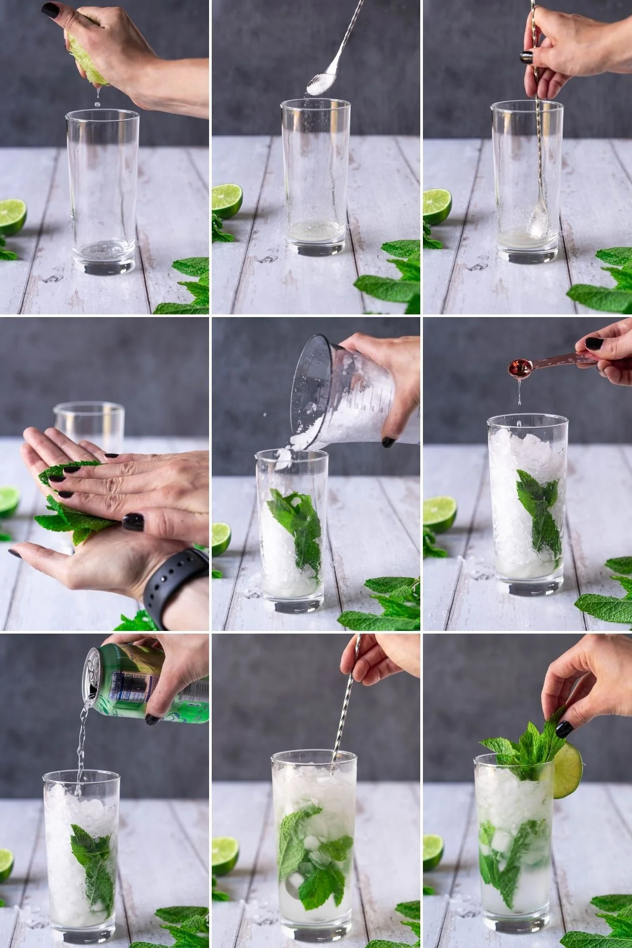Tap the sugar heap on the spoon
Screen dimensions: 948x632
322,84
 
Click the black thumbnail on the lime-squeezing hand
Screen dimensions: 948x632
51,9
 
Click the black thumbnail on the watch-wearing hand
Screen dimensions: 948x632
133,521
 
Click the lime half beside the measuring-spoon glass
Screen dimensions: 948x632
439,514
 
